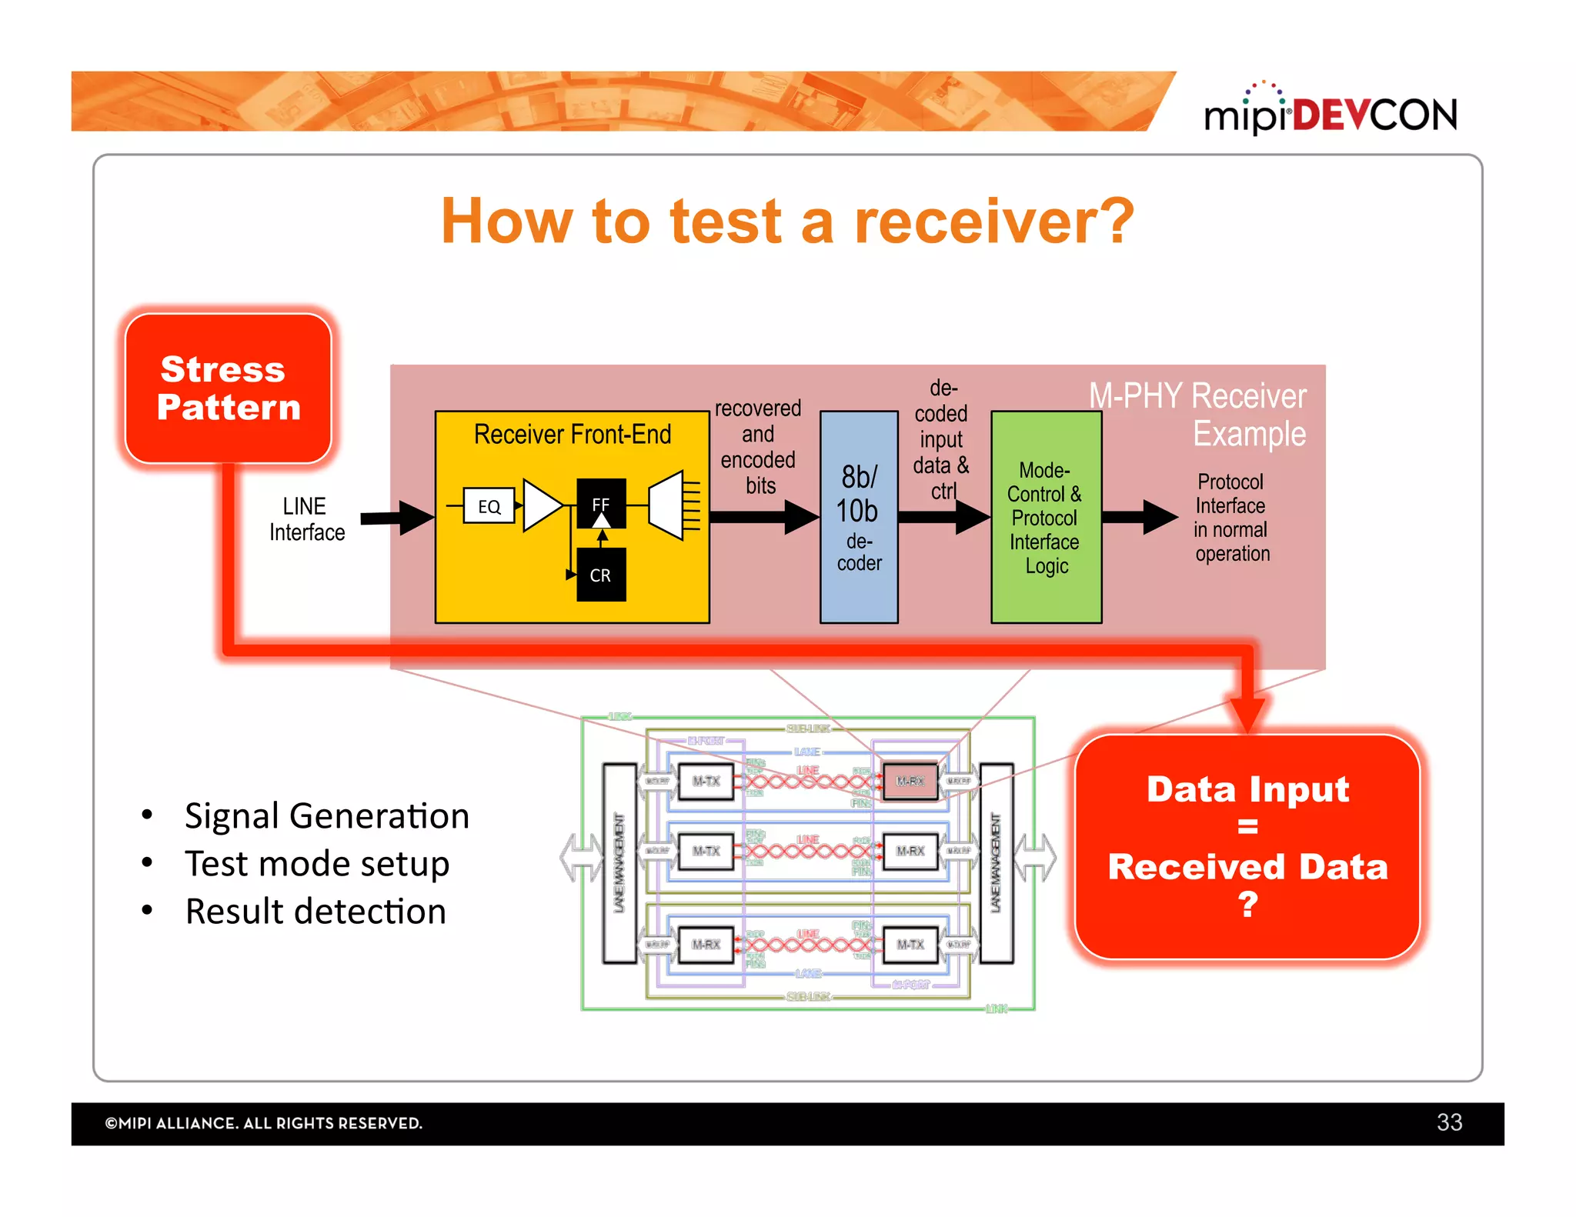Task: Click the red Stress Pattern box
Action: click(x=229, y=388)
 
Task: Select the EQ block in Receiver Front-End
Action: click(x=489, y=506)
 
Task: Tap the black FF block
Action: click(x=601, y=504)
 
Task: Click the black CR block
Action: click(x=601, y=575)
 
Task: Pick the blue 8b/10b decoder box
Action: click(x=859, y=517)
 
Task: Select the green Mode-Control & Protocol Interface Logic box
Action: click(x=1046, y=517)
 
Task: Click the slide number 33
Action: click(x=1449, y=1122)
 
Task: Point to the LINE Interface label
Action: click(x=306, y=519)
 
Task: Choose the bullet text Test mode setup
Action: click(x=317, y=864)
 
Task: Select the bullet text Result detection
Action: click(x=316, y=912)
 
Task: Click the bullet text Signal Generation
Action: click(x=327, y=816)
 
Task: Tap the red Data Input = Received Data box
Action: click(x=1247, y=846)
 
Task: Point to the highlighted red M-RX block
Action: click(x=910, y=782)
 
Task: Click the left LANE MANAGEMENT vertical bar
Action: click(x=619, y=863)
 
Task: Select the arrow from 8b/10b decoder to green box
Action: click(x=944, y=517)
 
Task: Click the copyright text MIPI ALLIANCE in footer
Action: click(x=263, y=1123)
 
